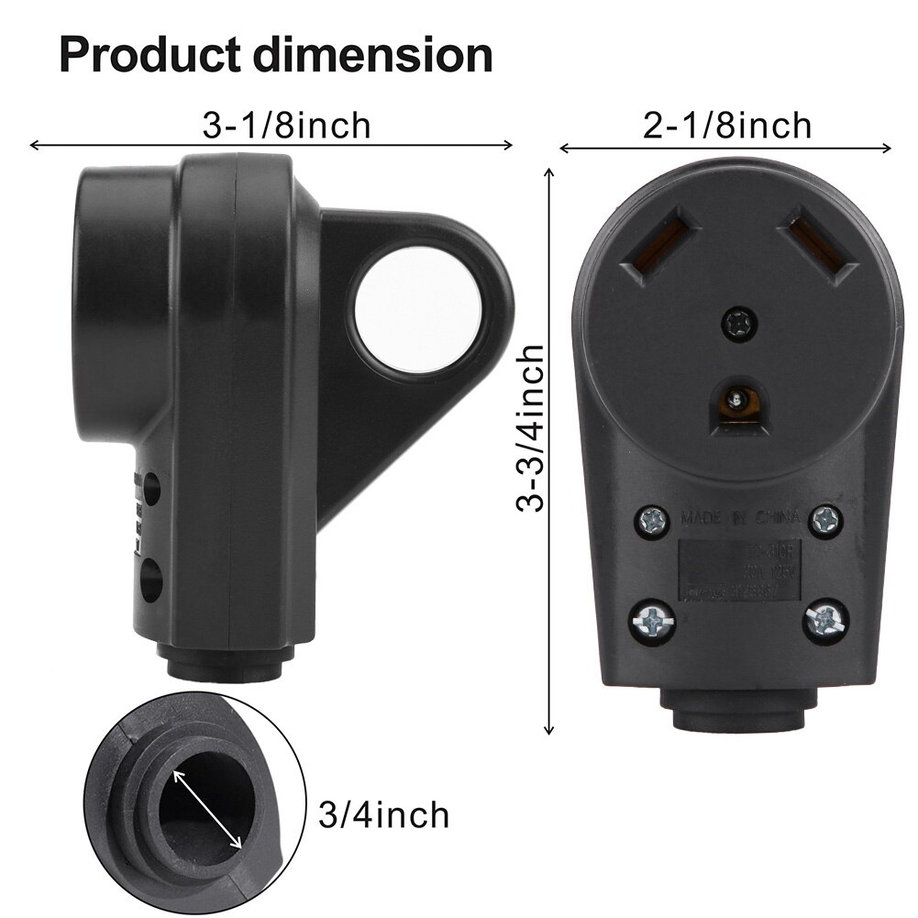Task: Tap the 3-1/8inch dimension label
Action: [x=286, y=126]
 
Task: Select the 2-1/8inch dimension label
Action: [x=727, y=126]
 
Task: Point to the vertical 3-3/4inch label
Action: [x=532, y=427]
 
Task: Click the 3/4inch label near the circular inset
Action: [x=383, y=813]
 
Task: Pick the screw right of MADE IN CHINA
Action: [x=823, y=518]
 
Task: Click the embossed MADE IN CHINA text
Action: [x=738, y=519]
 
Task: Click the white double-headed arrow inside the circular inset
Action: [x=207, y=808]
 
